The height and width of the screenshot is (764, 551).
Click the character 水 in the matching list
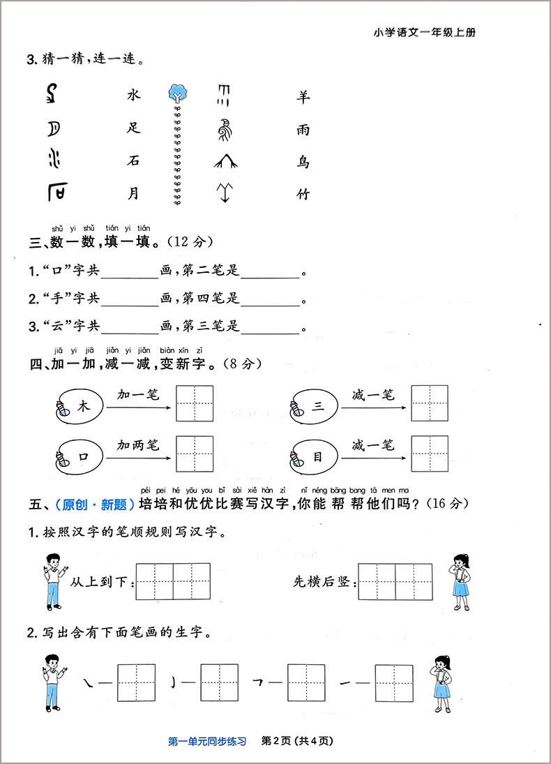click(x=134, y=95)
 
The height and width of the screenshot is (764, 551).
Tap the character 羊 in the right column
click(x=302, y=97)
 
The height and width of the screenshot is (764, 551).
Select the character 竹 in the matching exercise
click(x=302, y=195)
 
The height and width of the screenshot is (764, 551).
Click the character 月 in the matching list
click(x=134, y=195)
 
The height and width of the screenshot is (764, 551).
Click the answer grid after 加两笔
click(x=195, y=454)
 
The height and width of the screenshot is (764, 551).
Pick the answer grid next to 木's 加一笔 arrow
click(x=195, y=403)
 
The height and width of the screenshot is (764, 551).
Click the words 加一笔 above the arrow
click(x=138, y=395)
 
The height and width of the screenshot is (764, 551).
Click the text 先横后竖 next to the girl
click(x=322, y=581)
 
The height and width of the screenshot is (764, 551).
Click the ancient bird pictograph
click(x=224, y=129)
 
